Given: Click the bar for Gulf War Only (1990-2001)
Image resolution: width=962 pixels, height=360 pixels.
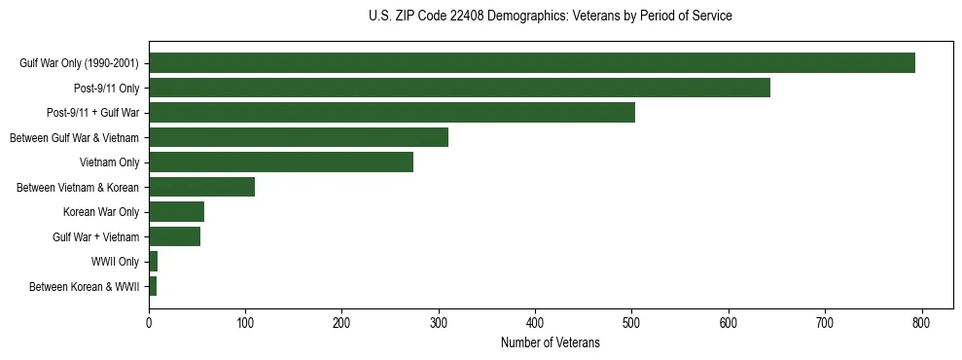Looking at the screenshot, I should [x=532, y=63].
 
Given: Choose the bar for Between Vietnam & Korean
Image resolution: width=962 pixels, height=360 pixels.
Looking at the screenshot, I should [x=201, y=187].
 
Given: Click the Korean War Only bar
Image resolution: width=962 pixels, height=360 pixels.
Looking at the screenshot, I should [x=176, y=212].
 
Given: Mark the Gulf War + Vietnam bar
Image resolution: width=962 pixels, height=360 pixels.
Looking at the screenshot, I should [x=174, y=236].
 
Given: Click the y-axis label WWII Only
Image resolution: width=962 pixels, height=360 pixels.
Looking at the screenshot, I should [x=115, y=262].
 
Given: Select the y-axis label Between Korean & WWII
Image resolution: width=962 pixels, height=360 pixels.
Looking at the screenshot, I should [x=85, y=287].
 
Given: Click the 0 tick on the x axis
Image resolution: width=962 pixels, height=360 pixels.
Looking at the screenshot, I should [x=149, y=325].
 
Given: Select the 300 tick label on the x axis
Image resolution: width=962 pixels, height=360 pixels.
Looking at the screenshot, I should [x=439, y=325].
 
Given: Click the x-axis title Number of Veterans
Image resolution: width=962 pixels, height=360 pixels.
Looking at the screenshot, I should [x=551, y=343].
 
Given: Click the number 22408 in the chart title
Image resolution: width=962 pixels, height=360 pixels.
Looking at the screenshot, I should [x=453, y=17].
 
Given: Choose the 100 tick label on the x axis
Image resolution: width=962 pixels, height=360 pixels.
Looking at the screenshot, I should [x=245, y=325].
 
